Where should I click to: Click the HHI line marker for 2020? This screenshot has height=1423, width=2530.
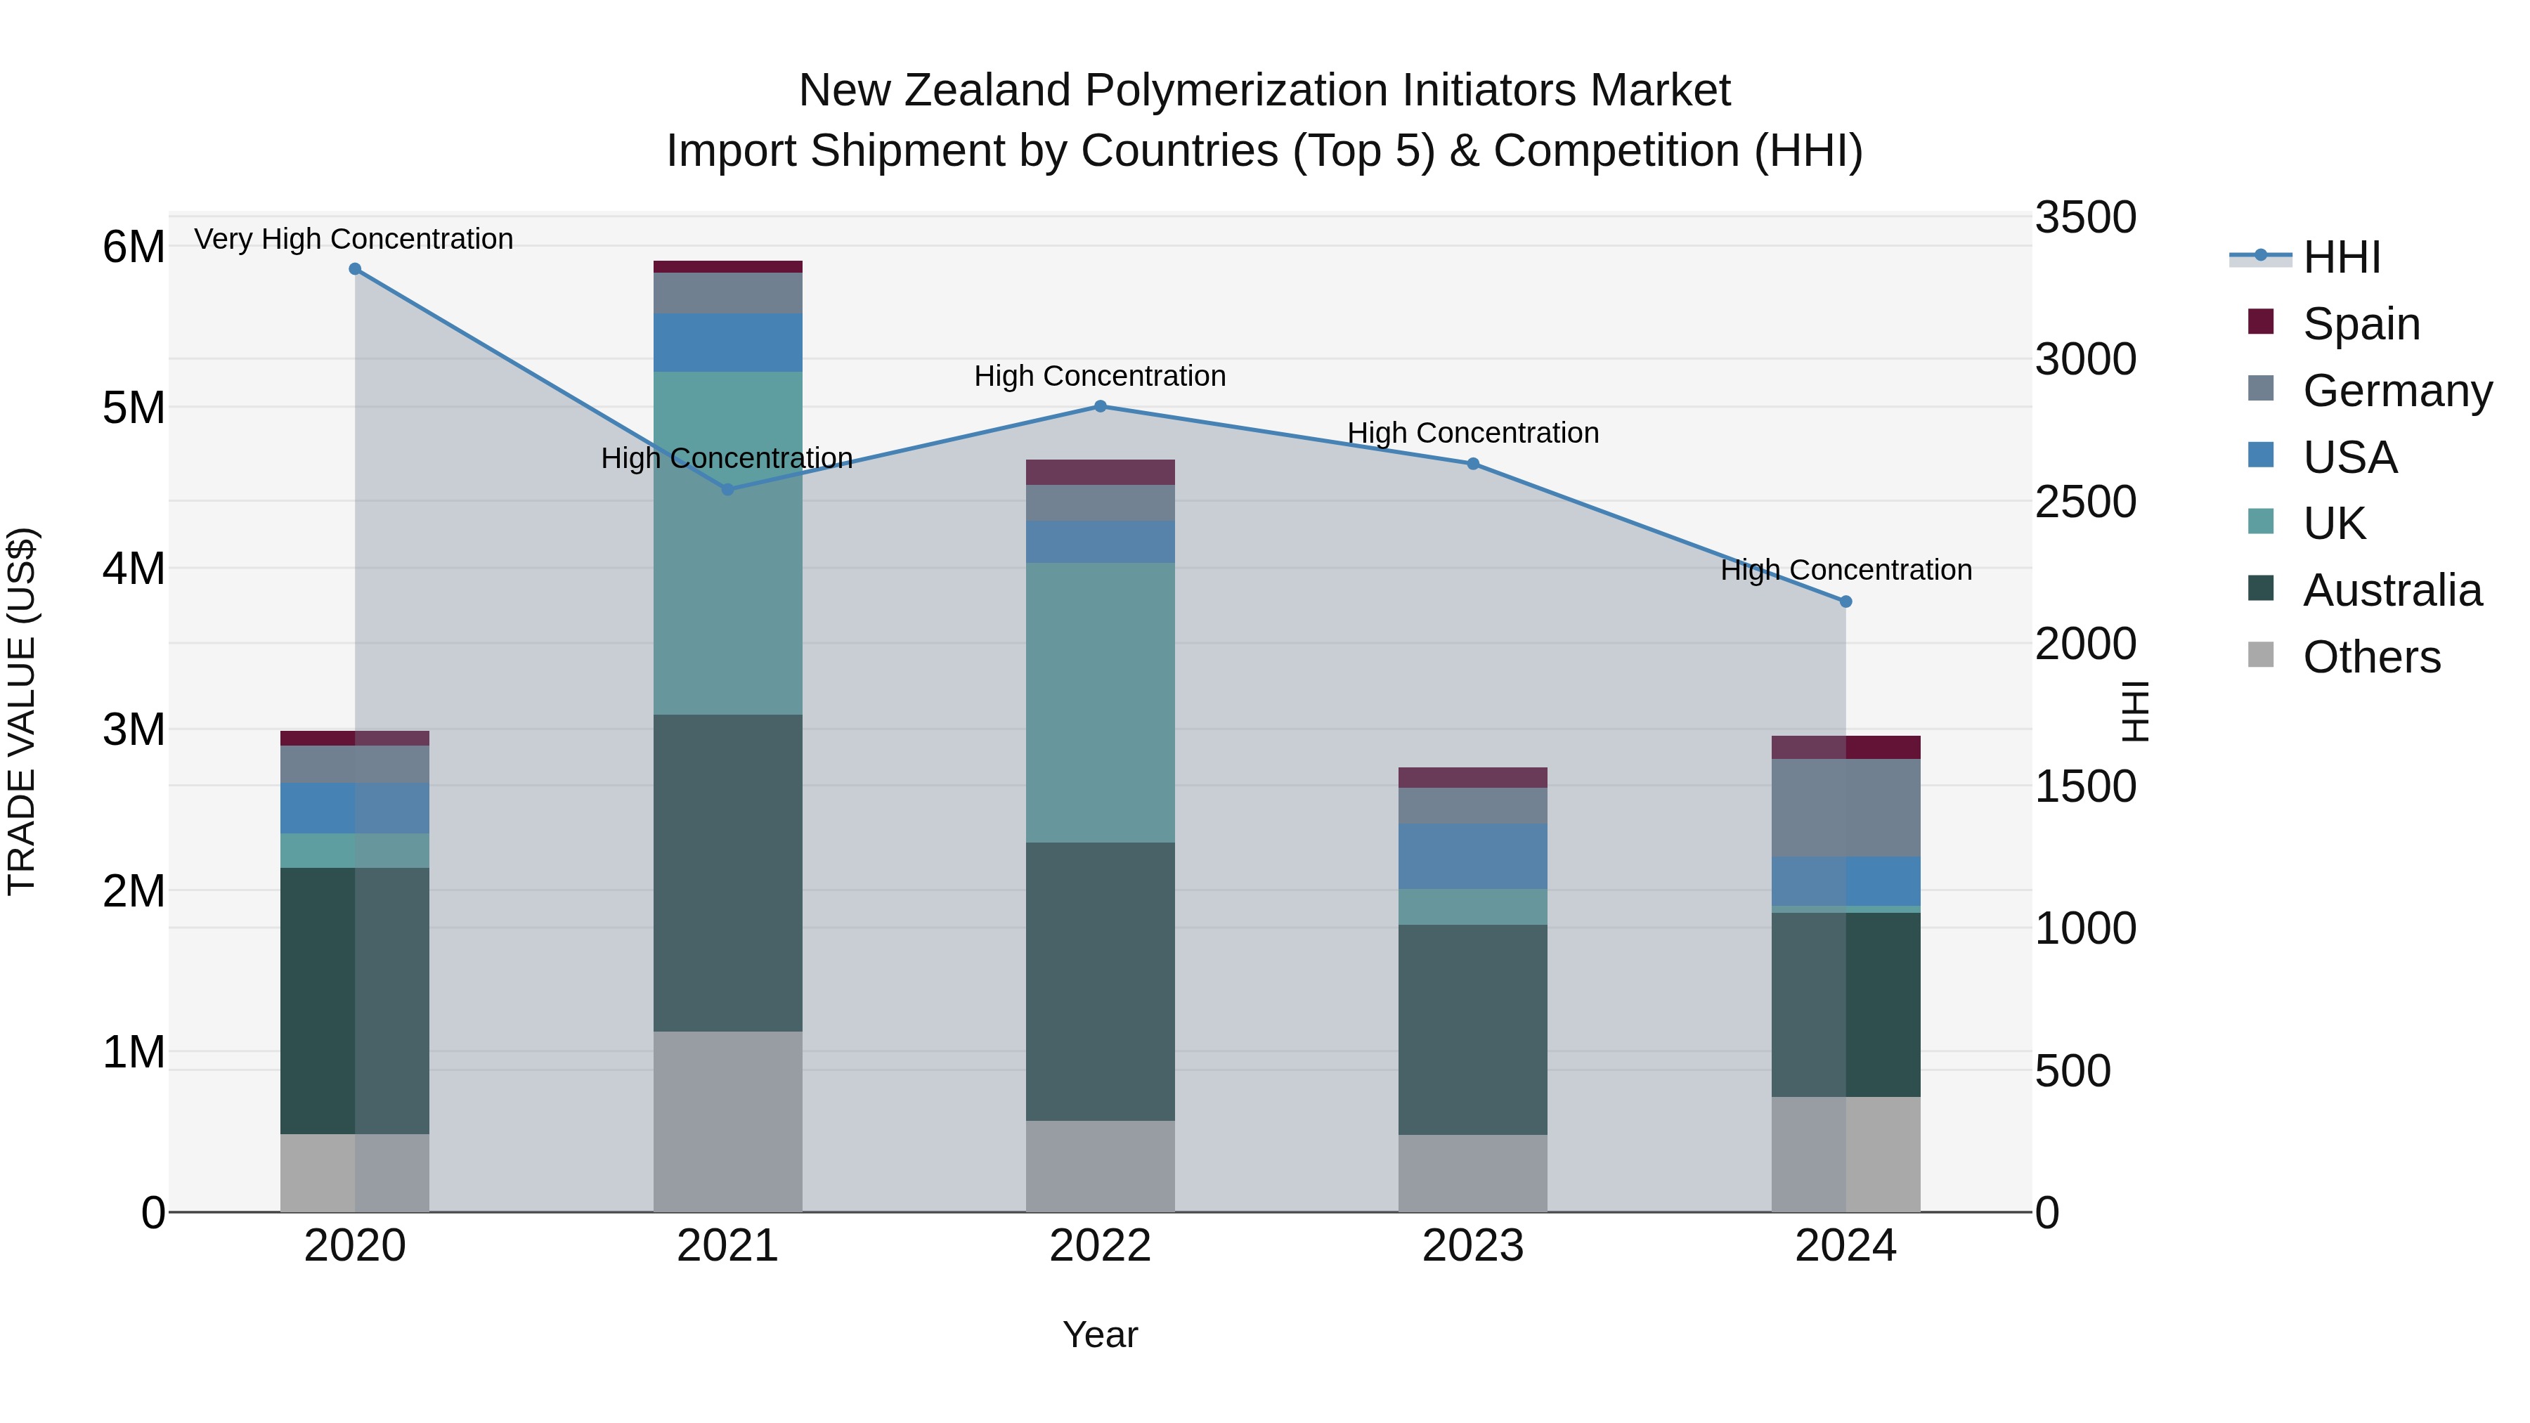355,269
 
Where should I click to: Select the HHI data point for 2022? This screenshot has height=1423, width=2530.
1100,407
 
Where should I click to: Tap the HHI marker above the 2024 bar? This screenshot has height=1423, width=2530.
1845,602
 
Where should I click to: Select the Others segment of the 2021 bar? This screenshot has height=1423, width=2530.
728,1121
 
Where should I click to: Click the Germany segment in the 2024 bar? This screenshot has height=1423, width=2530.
1845,807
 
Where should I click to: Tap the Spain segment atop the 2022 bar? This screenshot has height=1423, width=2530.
1100,472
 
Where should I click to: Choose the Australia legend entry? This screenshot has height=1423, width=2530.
2391,590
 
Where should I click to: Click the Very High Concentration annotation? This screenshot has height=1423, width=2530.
353,239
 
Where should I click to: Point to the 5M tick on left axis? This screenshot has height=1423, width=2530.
134,408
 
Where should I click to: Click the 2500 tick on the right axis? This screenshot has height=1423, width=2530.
2084,502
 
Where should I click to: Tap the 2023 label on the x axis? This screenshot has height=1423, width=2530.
1472,1246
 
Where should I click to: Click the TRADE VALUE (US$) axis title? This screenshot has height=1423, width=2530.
22,711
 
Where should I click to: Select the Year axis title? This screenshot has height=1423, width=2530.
1100,1334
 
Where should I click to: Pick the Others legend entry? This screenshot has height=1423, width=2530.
2371,657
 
